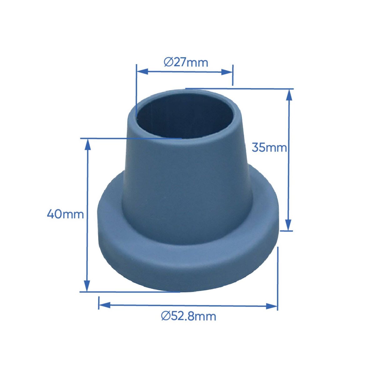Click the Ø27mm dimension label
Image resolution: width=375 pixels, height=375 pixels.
tap(186, 62)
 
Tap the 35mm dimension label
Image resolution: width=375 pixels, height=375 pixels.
tap(269, 147)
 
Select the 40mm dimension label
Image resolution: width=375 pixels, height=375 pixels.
tap(65, 214)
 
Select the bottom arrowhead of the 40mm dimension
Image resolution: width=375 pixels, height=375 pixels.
tap(87, 286)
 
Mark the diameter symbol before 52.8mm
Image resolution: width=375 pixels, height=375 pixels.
tap(165, 316)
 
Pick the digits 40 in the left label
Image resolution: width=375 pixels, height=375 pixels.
tap(54, 214)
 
